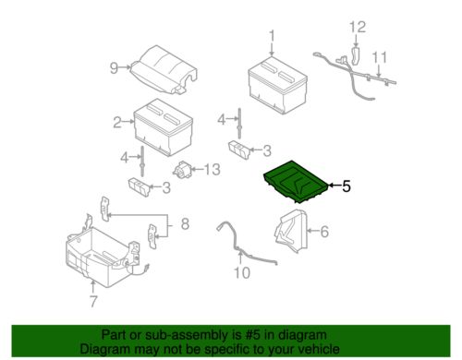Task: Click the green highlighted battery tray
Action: pyautogui.click(x=296, y=182)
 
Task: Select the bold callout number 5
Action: pyautogui.click(x=346, y=186)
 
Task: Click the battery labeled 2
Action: pyautogui.click(x=164, y=127)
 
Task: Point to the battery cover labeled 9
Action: pyautogui.click(x=164, y=69)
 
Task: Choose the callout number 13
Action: pyautogui.click(x=213, y=170)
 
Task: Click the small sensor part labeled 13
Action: pyautogui.click(x=182, y=170)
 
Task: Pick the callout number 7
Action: pyautogui.click(x=93, y=302)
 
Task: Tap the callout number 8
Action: pyautogui.click(x=185, y=224)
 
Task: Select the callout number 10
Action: pyautogui.click(x=242, y=272)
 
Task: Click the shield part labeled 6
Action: pyautogui.click(x=291, y=232)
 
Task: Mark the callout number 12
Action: pyautogui.click(x=358, y=27)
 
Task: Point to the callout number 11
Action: pyautogui.click(x=380, y=57)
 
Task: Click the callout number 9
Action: pyautogui.click(x=114, y=68)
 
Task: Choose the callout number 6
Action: pyautogui.click(x=324, y=232)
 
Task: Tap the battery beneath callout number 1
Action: pyautogui.click(x=277, y=85)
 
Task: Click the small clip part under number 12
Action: pyautogui.click(x=356, y=56)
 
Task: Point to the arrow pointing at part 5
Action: pyautogui.click(x=334, y=186)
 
